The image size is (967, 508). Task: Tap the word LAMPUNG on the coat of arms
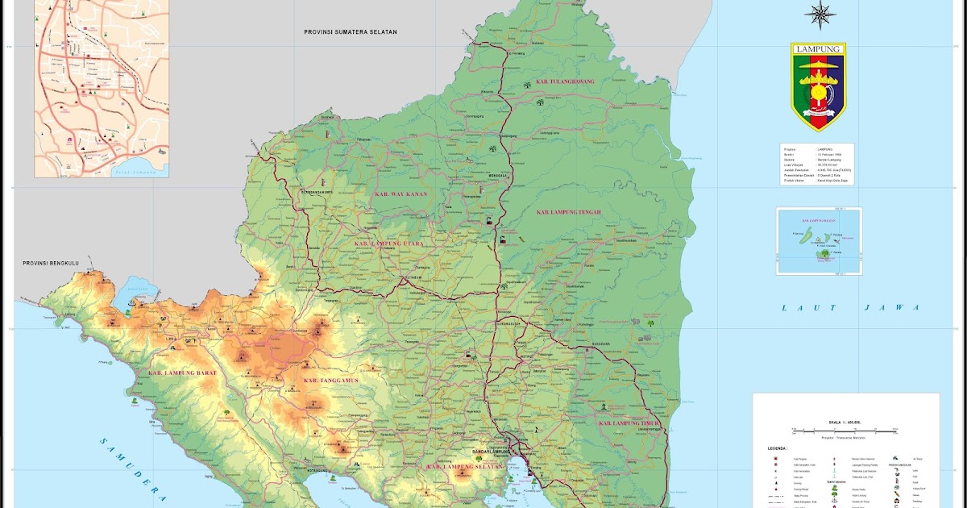818,49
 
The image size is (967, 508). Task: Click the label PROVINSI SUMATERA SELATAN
351,32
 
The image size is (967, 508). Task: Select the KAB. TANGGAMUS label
330,381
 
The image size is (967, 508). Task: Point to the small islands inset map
819,241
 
